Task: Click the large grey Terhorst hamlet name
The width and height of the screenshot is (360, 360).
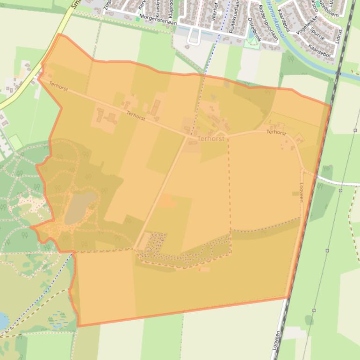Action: (210, 139)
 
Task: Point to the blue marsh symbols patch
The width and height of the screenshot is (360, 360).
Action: (58, 320)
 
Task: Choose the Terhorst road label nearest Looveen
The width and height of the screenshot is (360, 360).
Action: (276, 132)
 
